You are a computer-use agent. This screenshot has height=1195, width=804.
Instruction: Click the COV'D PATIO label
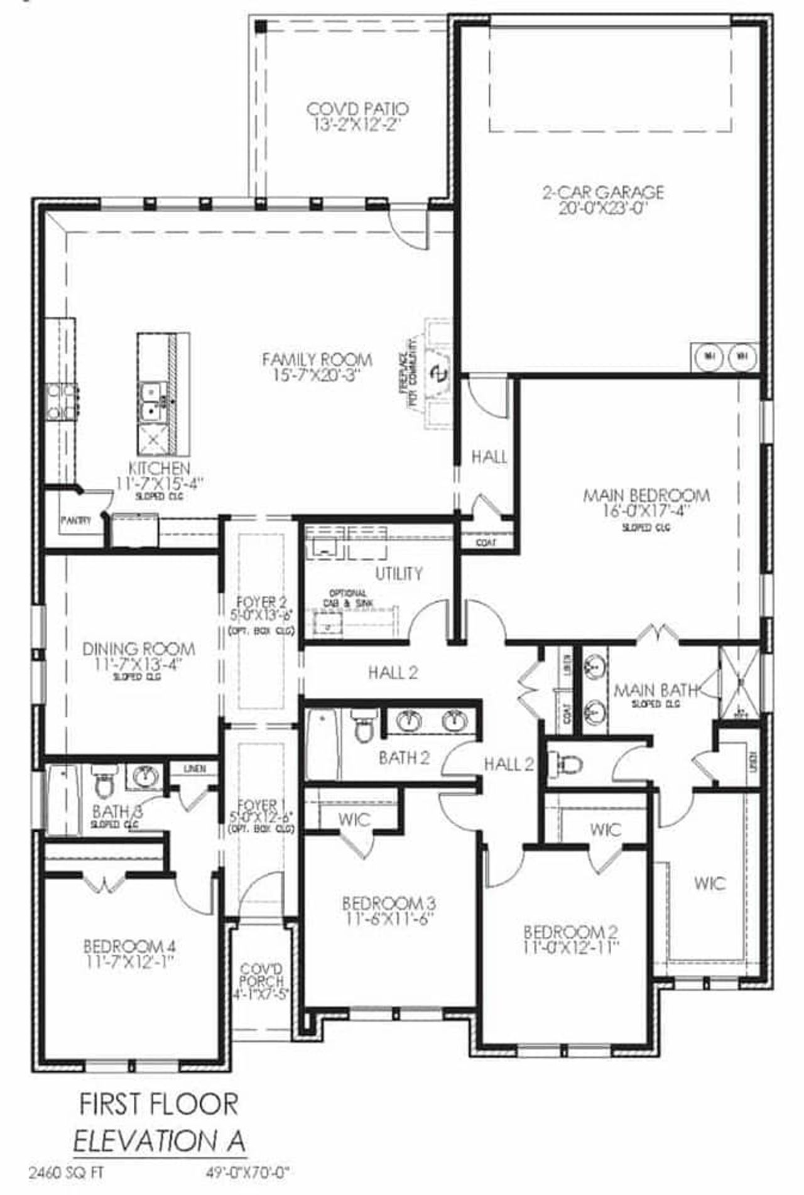[357, 109]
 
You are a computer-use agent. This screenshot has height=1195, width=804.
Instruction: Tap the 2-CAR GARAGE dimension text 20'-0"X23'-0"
[602, 209]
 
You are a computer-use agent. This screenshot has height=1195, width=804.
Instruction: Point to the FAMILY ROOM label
[317, 360]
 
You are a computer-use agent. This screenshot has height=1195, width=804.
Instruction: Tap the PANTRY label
[76, 520]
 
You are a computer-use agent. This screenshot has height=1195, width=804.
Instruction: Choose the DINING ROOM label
[139, 648]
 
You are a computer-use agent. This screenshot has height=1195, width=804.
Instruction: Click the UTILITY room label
[399, 574]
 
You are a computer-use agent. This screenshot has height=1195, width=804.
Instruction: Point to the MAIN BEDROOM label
[646, 496]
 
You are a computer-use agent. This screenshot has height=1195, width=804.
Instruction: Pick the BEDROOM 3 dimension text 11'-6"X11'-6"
[389, 919]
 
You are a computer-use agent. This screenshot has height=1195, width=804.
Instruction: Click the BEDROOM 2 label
[571, 932]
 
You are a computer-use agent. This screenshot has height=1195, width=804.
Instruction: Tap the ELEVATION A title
[160, 1140]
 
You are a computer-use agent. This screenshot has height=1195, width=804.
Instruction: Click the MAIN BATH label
[656, 691]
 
